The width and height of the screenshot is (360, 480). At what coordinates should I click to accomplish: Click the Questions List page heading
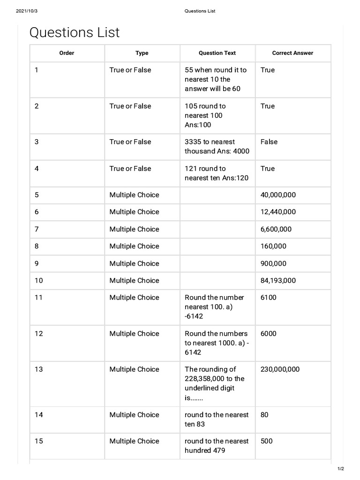point(75,33)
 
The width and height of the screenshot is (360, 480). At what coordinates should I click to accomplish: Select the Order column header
point(67,53)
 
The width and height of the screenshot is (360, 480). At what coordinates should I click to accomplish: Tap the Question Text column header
point(217,53)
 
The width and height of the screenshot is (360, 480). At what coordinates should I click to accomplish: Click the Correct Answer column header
point(292,53)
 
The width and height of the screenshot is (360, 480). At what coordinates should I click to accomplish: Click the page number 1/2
point(341,469)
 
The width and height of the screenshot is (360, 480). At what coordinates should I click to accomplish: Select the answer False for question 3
point(269,142)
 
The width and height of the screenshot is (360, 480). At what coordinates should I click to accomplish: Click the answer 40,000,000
point(278,195)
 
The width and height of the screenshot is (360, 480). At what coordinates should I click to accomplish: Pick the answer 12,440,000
point(278,212)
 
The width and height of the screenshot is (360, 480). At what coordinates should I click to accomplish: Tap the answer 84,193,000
point(278,281)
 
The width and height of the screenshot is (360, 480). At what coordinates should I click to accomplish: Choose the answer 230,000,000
point(280,369)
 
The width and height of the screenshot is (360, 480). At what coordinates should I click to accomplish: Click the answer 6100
point(269,298)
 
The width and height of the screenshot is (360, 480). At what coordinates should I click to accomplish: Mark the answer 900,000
point(273,263)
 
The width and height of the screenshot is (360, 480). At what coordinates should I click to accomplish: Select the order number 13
point(38,369)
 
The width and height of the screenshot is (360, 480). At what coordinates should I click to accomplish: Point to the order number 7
point(37,229)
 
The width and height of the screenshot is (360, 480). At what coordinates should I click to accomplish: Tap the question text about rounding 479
point(217,446)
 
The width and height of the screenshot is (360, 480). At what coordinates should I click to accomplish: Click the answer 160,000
point(273,246)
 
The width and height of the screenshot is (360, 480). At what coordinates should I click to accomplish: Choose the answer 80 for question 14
point(264,415)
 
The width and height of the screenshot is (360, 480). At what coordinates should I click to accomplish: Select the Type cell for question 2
point(130,106)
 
